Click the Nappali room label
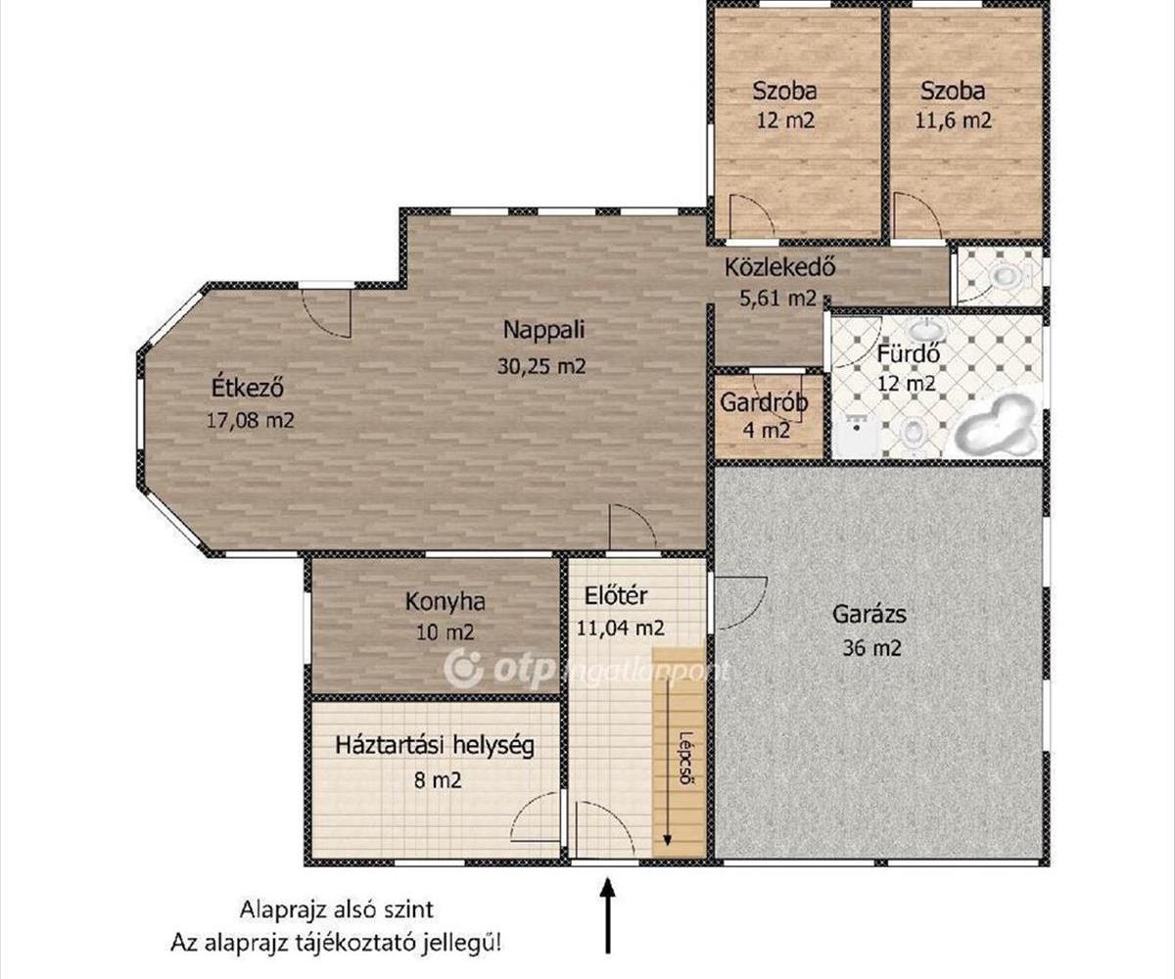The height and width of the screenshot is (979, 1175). click(543, 330)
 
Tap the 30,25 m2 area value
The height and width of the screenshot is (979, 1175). click(541, 366)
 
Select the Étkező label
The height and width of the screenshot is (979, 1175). click(247, 388)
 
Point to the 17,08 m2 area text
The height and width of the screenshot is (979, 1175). click(251, 420)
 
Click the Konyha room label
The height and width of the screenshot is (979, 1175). click(445, 602)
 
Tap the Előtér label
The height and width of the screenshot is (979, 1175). click(616, 596)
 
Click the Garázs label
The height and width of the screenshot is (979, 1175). click(869, 613)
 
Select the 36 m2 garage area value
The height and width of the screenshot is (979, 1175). click(871, 648)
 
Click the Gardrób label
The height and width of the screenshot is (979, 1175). click(764, 402)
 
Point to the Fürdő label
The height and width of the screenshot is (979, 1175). click(909, 355)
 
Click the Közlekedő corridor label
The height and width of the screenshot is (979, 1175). click(779, 266)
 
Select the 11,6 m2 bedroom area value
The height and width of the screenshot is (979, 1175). click(954, 120)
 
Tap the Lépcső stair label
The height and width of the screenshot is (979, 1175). click(684, 758)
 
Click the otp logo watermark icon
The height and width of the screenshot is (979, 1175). click(464, 668)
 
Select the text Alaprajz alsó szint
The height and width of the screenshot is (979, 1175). click(337, 909)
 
